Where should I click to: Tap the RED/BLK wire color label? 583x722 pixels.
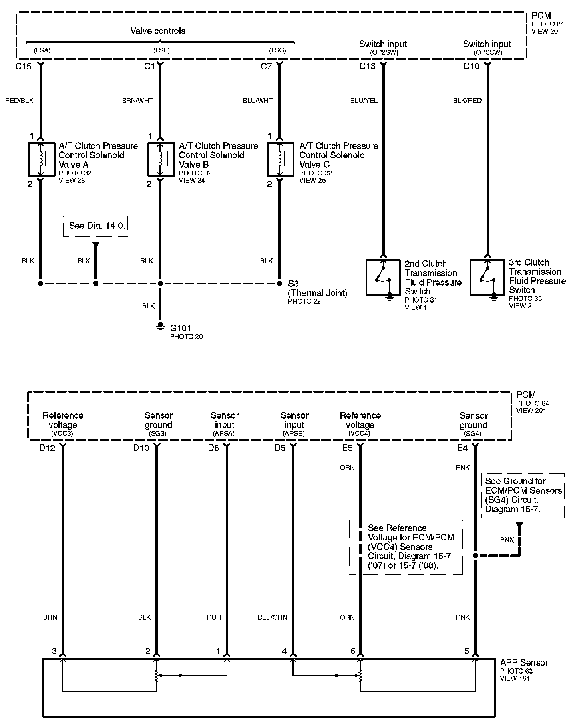[x=19, y=101]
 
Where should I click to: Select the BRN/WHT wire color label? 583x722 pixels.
[x=137, y=101]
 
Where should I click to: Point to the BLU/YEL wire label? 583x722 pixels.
[x=364, y=101]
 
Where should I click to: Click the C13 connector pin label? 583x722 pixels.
[x=367, y=67]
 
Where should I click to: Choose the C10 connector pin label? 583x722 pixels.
[x=471, y=67]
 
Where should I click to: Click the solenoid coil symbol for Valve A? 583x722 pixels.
[x=41, y=159]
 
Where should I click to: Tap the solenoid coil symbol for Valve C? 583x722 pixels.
[x=281, y=159]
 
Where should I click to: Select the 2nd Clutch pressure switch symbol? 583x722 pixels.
[x=383, y=278]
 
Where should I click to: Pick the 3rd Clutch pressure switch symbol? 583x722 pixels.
[x=487, y=277]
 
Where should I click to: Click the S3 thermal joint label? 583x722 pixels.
[x=294, y=284]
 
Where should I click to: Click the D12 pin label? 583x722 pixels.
[x=47, y=448]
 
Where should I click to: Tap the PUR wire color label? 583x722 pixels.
[x=214, y=617]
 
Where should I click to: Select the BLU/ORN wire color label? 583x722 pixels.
[x=272, y=617]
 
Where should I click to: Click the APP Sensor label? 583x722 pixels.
[x=524, y=663]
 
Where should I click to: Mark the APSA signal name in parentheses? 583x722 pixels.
[x=225, y=434]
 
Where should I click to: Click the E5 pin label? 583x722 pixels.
[x=347, y=448]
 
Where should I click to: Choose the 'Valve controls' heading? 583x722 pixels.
[x=158, y=31]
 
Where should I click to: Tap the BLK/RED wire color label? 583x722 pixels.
[x=467, y=101]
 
